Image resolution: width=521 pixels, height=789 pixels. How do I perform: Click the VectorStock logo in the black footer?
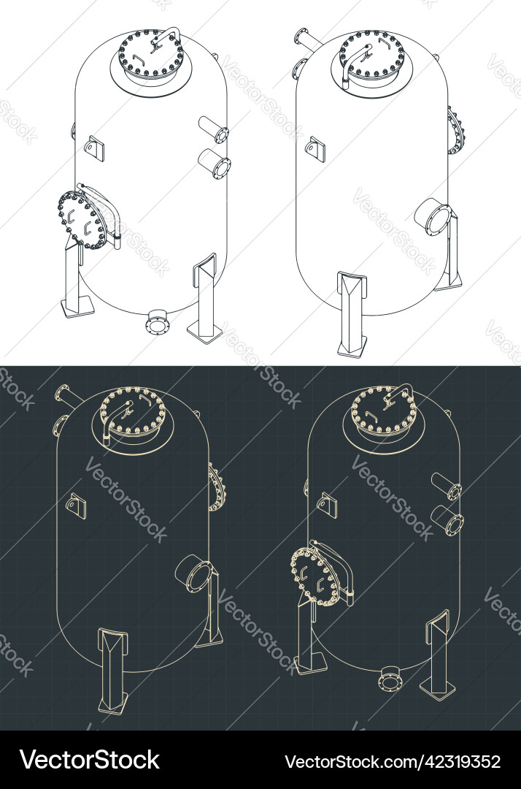[x=90, y=760]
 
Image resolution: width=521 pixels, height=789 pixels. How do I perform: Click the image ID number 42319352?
[x=392, y=761]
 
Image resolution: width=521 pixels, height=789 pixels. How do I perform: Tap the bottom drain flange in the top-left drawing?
[x=157, y=322]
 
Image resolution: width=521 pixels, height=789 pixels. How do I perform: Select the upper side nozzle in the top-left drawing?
[x=215, y=129]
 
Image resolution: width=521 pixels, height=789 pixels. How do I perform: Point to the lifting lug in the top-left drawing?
[x=94, y=148]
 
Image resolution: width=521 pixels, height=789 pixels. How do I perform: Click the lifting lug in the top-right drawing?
[x=316, y=148]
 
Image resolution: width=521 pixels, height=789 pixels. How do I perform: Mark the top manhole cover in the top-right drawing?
[x=371, y=56]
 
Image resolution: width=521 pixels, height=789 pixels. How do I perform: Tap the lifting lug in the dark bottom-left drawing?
[x=76, y=506]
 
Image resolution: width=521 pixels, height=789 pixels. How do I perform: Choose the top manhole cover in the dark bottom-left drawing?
[x=132, y=412]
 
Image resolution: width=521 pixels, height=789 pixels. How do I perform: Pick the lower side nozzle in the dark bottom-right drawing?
[x=447, y=519]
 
